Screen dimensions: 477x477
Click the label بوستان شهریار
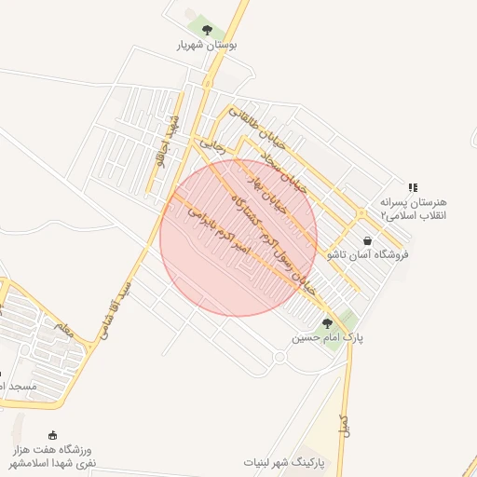pyautogui.click(x=207, y=44)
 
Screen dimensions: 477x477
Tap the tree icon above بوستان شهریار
pyautogui.click(x=207, y=30)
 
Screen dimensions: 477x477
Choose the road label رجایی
pyautogui.click(x=214, y=145)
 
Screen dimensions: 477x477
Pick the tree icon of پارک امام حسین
pyautogui.click(x=327, y=323)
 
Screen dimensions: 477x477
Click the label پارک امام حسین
pyautogui.click(x=327, y=337)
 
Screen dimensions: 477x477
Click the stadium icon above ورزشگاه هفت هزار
pyautogui.click(x=52, y=434)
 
